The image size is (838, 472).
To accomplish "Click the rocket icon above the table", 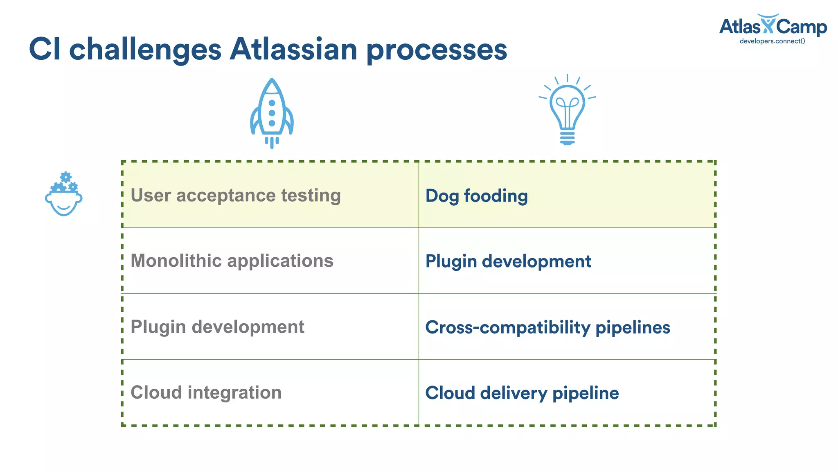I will [x=272, y=113].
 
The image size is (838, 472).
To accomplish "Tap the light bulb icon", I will [x=567, y=109].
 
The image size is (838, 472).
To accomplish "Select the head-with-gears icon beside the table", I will [x=64, y=194].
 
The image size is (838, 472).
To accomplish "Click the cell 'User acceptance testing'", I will [x=235, y=195].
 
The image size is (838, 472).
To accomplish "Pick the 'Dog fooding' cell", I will [x=476, y=196].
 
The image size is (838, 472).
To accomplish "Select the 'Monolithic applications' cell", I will [x=232, y=261].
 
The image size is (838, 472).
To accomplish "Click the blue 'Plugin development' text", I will [x=508, y=261].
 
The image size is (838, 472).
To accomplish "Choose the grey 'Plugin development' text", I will [x=217, y=327].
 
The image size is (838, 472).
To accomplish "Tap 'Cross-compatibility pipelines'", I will [x=547, y=327].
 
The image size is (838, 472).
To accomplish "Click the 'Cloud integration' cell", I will [x=206, y=393].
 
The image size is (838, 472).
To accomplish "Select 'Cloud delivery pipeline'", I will [x=522, y=393].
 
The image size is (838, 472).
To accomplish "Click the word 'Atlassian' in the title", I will [x=293, y=49].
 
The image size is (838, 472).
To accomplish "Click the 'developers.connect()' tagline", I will [x=772, y=41].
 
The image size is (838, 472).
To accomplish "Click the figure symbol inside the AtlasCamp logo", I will [x=768, y=24].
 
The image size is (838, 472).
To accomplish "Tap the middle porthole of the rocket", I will [x=272, y=113].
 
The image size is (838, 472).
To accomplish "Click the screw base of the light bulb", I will [x=567, y=138].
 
